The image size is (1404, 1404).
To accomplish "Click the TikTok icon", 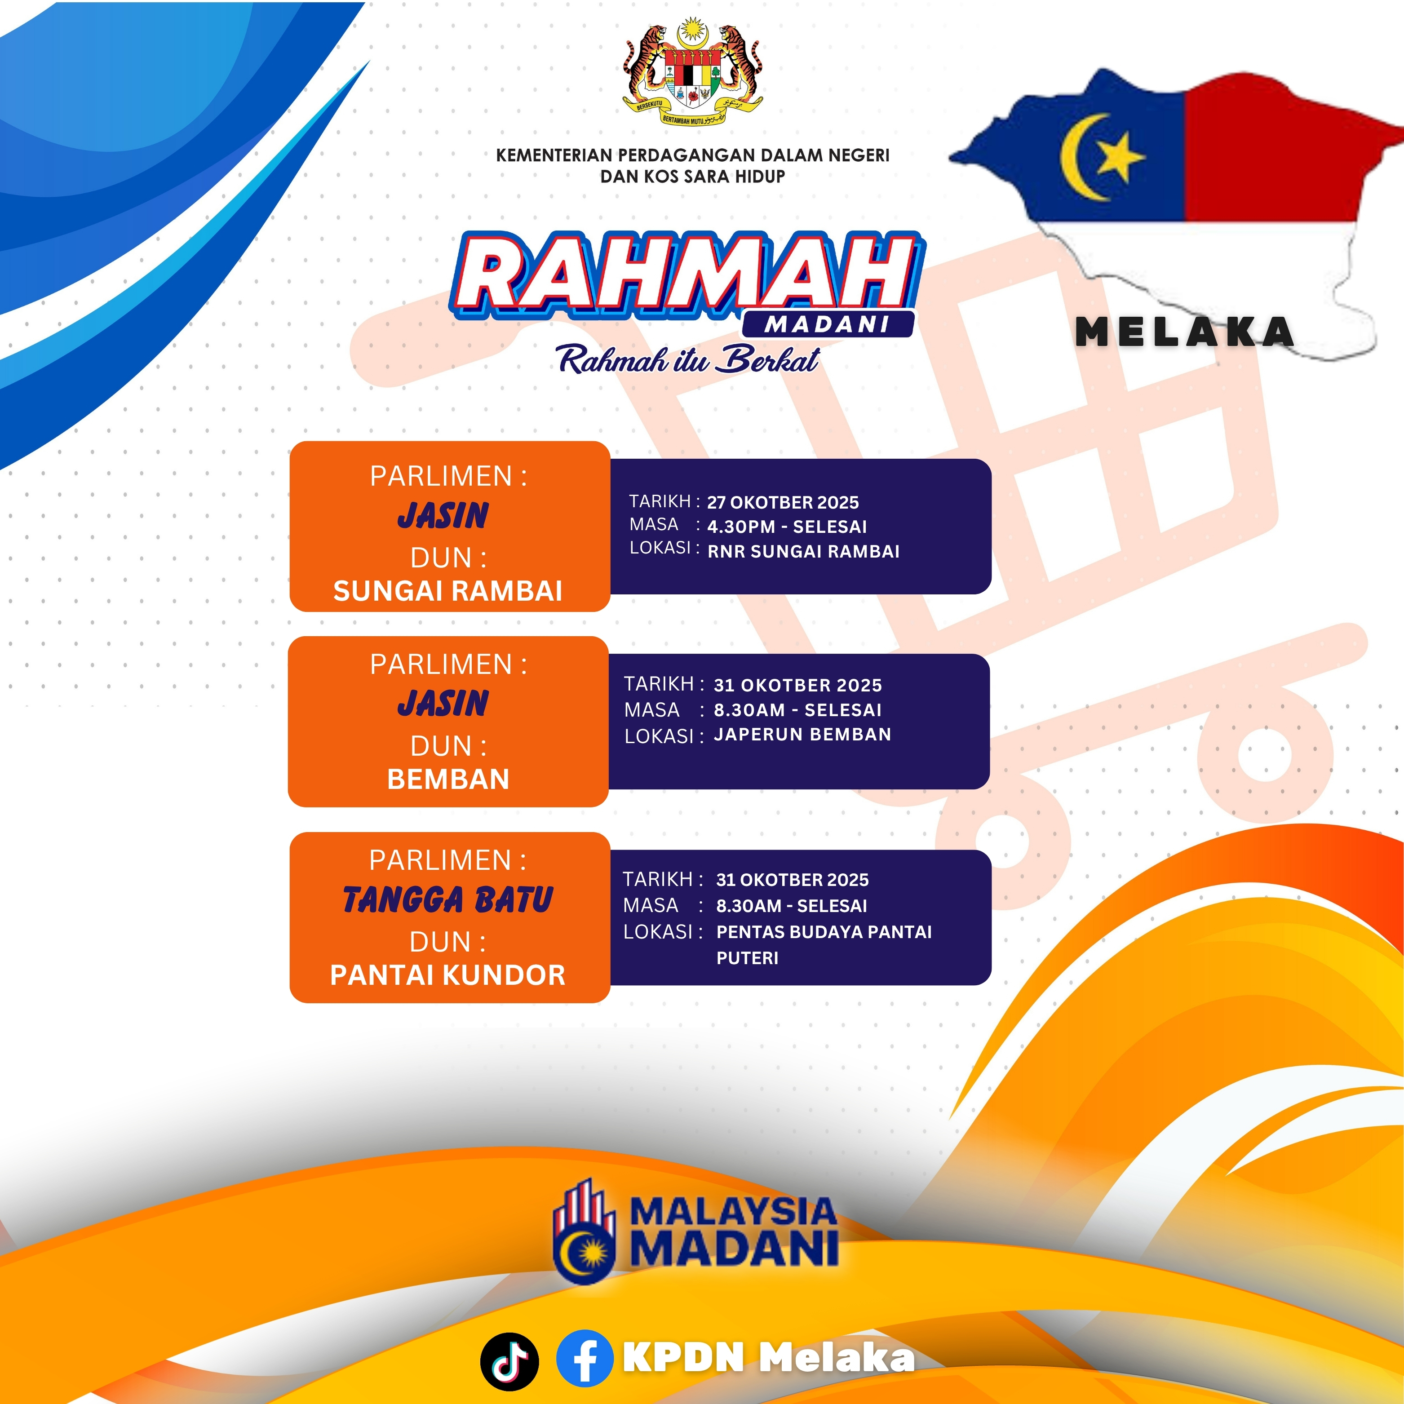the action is coord(509,1361).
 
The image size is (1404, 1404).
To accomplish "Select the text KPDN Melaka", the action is coord(768,1357).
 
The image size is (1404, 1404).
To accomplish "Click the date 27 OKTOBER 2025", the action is coord(783,502).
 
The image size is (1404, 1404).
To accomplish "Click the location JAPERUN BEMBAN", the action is coord(802,734).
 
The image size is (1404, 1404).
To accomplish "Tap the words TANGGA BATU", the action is coord(447,899).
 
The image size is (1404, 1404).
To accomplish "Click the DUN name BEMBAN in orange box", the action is coord(448,779).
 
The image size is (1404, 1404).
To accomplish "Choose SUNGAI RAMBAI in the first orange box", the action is coord(447,591).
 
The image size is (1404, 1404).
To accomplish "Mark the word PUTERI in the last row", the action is coord(747,958).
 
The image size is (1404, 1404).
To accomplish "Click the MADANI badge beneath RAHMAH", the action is coord(828,324).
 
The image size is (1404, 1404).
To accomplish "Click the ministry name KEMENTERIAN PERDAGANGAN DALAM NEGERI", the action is coord(692,155).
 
